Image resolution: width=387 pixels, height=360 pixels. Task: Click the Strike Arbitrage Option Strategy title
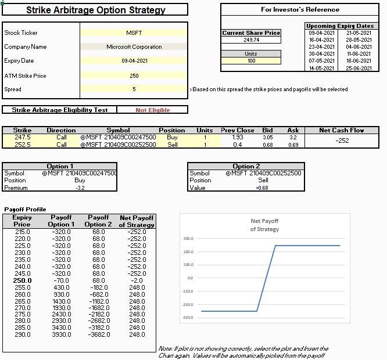click(95, 10)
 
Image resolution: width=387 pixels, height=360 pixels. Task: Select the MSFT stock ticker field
click(134, 33)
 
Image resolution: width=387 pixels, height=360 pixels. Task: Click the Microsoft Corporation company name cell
click(134, 47)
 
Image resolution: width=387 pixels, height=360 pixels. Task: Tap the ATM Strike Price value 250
click(134, 76)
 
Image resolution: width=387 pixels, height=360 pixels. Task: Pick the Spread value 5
click(134, 89)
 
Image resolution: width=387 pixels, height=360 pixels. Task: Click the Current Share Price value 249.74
click(251, 40)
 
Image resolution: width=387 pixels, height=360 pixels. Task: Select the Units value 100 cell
click(251, 61)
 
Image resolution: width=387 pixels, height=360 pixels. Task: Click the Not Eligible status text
click(152, 110)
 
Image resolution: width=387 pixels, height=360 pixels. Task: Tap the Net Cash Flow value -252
click(342, 141)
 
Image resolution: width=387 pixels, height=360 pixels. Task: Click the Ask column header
click(293, 131)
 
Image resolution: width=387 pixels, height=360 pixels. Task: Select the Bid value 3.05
click(267, 138)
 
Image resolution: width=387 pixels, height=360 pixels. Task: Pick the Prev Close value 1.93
click(237, 138)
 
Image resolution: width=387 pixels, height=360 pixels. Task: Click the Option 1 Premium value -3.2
click(80, 188)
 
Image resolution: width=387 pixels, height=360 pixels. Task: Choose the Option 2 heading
click(246, 166)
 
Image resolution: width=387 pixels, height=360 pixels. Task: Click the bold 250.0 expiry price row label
click(22, 280)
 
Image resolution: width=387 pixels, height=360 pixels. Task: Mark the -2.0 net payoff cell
click(137, 280)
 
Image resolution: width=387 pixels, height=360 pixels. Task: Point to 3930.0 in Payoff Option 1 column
click(61, 335)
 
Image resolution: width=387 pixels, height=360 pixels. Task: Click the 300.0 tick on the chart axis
click(188, 239)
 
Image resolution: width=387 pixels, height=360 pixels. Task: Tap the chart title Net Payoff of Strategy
click(264, 225)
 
